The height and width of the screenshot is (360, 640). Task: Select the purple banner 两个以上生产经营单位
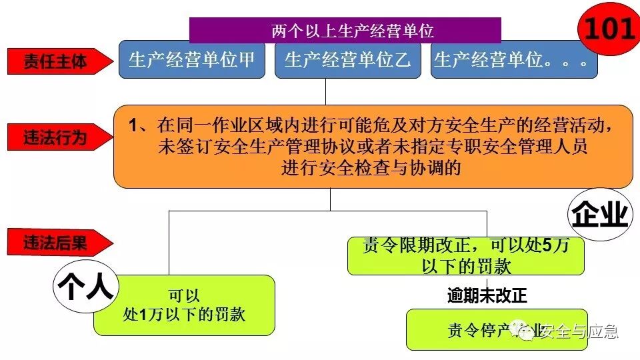[345, 30]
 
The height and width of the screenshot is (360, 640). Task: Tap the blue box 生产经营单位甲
[192, 60]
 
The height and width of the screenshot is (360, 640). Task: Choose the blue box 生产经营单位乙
[347, 60]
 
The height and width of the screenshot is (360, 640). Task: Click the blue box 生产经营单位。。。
[513, 60]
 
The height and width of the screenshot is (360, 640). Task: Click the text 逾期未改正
[491, 296]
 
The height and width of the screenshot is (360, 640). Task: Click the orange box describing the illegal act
[373, 146]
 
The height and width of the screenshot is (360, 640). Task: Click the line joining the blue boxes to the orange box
[325, 91]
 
